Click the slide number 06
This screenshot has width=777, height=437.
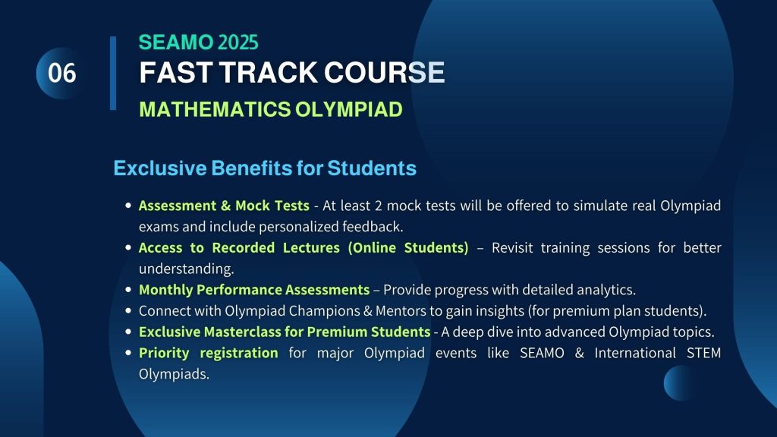pos(62,73)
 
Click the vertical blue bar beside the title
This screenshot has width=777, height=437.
pos(113,73)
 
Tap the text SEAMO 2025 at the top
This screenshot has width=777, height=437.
pos(198,42)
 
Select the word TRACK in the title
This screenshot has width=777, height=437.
pos(268,72)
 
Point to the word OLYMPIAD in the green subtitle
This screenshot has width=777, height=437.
pos(349,109)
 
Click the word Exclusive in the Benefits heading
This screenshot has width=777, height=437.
pos(160,168)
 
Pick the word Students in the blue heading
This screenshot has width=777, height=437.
pos(372,168)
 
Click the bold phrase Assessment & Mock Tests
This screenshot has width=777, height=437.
pos(224,205)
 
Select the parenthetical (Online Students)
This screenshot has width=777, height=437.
pos(408,247)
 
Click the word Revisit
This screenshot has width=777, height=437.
pos(512,247)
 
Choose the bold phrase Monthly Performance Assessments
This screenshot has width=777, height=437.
pos(254,289)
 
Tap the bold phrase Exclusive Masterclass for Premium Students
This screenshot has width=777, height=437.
pos(285,332)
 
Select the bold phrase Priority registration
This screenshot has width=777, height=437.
pos(208,353)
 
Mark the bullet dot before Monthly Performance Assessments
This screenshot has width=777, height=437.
pos(128,290)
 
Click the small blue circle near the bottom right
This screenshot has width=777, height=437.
pos(680,383)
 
